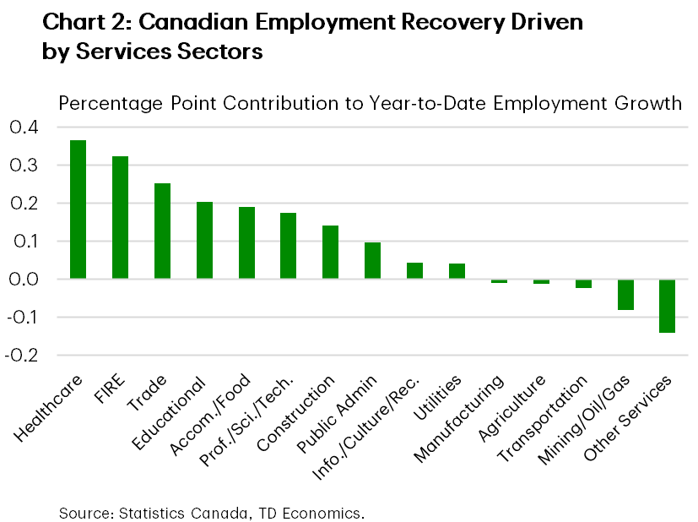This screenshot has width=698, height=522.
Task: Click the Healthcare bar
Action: click(78, 209)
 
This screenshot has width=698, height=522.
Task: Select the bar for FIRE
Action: click(120, 218)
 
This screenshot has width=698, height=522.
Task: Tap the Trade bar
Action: click(162, 231)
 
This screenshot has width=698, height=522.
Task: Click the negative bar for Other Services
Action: click(667, 306)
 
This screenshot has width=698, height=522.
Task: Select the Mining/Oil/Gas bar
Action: click(625, 295)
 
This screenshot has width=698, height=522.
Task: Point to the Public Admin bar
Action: click(372, 261)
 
